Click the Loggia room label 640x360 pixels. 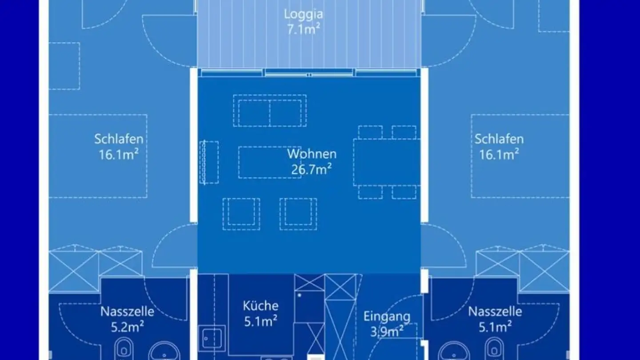point(304,15)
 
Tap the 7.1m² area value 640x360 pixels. point(304,29)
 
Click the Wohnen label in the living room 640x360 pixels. point(312,154)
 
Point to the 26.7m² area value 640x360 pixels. point(312,169)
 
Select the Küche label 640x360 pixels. point(260,306)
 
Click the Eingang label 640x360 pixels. point(387,317)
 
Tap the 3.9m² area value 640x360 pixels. point(387,332)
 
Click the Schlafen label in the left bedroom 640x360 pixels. point(119,139)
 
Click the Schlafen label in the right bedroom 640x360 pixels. point(499,139)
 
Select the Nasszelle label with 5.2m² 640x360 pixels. point(127,312)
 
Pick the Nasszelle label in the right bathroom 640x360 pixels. point(495,312)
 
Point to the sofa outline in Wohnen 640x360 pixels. point(270,111)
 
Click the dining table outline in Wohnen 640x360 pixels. point(387,162)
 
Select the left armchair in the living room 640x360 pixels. point(241,214)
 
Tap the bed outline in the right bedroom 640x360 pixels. point(520,156)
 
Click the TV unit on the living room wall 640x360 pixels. point(209,162)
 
